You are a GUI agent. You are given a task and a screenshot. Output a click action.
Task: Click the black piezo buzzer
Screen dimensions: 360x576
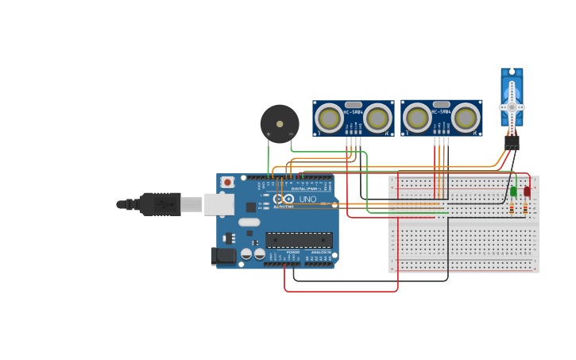tap(280, 124)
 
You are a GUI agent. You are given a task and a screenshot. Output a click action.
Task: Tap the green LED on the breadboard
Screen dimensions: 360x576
tap(513, 192)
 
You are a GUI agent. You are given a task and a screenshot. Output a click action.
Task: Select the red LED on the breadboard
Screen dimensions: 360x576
tap(527, 192)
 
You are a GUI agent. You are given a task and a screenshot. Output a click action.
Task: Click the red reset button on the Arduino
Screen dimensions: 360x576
tap(228, 182)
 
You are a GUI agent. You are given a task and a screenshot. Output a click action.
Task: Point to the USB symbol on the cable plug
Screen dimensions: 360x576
tap(165, 205)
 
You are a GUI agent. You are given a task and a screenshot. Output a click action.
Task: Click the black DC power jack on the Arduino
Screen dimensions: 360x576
tap(223, 256)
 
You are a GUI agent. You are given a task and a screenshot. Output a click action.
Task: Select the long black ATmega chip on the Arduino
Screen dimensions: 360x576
tap(299, 240)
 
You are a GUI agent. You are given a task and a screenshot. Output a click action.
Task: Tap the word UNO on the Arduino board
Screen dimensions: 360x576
tap(307, 199)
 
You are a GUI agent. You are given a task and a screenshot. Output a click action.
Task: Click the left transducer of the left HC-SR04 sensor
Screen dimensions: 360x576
tap(329, 119)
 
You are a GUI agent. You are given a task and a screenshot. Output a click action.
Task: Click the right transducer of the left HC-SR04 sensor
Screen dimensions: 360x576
tap(378, 119)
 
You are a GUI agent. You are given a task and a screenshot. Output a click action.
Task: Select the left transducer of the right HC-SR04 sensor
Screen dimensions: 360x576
tap(417, 119)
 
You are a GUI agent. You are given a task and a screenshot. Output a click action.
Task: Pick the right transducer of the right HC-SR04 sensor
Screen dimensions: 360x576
tap(466, 119)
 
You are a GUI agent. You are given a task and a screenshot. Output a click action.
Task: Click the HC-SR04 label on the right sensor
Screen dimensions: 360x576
tap(442, 111)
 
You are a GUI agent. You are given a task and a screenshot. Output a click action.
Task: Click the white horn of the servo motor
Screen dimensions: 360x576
tap(512, 106)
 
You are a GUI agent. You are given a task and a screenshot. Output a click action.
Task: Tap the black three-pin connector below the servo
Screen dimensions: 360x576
tap(512, 142)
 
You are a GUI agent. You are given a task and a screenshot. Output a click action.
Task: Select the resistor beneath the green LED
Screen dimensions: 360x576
tap(512, 208)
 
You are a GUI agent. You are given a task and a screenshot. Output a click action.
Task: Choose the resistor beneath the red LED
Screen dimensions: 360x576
tap(526, 208)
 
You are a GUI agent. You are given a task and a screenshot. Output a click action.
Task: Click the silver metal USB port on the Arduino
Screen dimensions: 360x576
tap(218, 204)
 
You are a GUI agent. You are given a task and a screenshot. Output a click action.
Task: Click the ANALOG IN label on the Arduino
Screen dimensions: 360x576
tap(321, 252)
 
